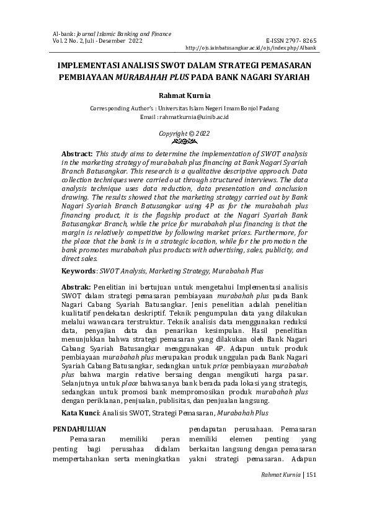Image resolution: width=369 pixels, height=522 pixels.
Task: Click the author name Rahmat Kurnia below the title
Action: click(184, 96)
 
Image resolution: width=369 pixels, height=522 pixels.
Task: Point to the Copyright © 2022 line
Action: click(184, 133)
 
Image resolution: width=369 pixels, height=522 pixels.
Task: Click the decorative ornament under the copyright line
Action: click(184, 141)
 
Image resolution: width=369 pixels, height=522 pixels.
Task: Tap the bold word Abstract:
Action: click(77, 153)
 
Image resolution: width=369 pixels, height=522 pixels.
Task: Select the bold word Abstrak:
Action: click(76, 288)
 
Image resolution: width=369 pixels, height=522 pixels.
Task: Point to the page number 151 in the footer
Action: click(311, 474)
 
